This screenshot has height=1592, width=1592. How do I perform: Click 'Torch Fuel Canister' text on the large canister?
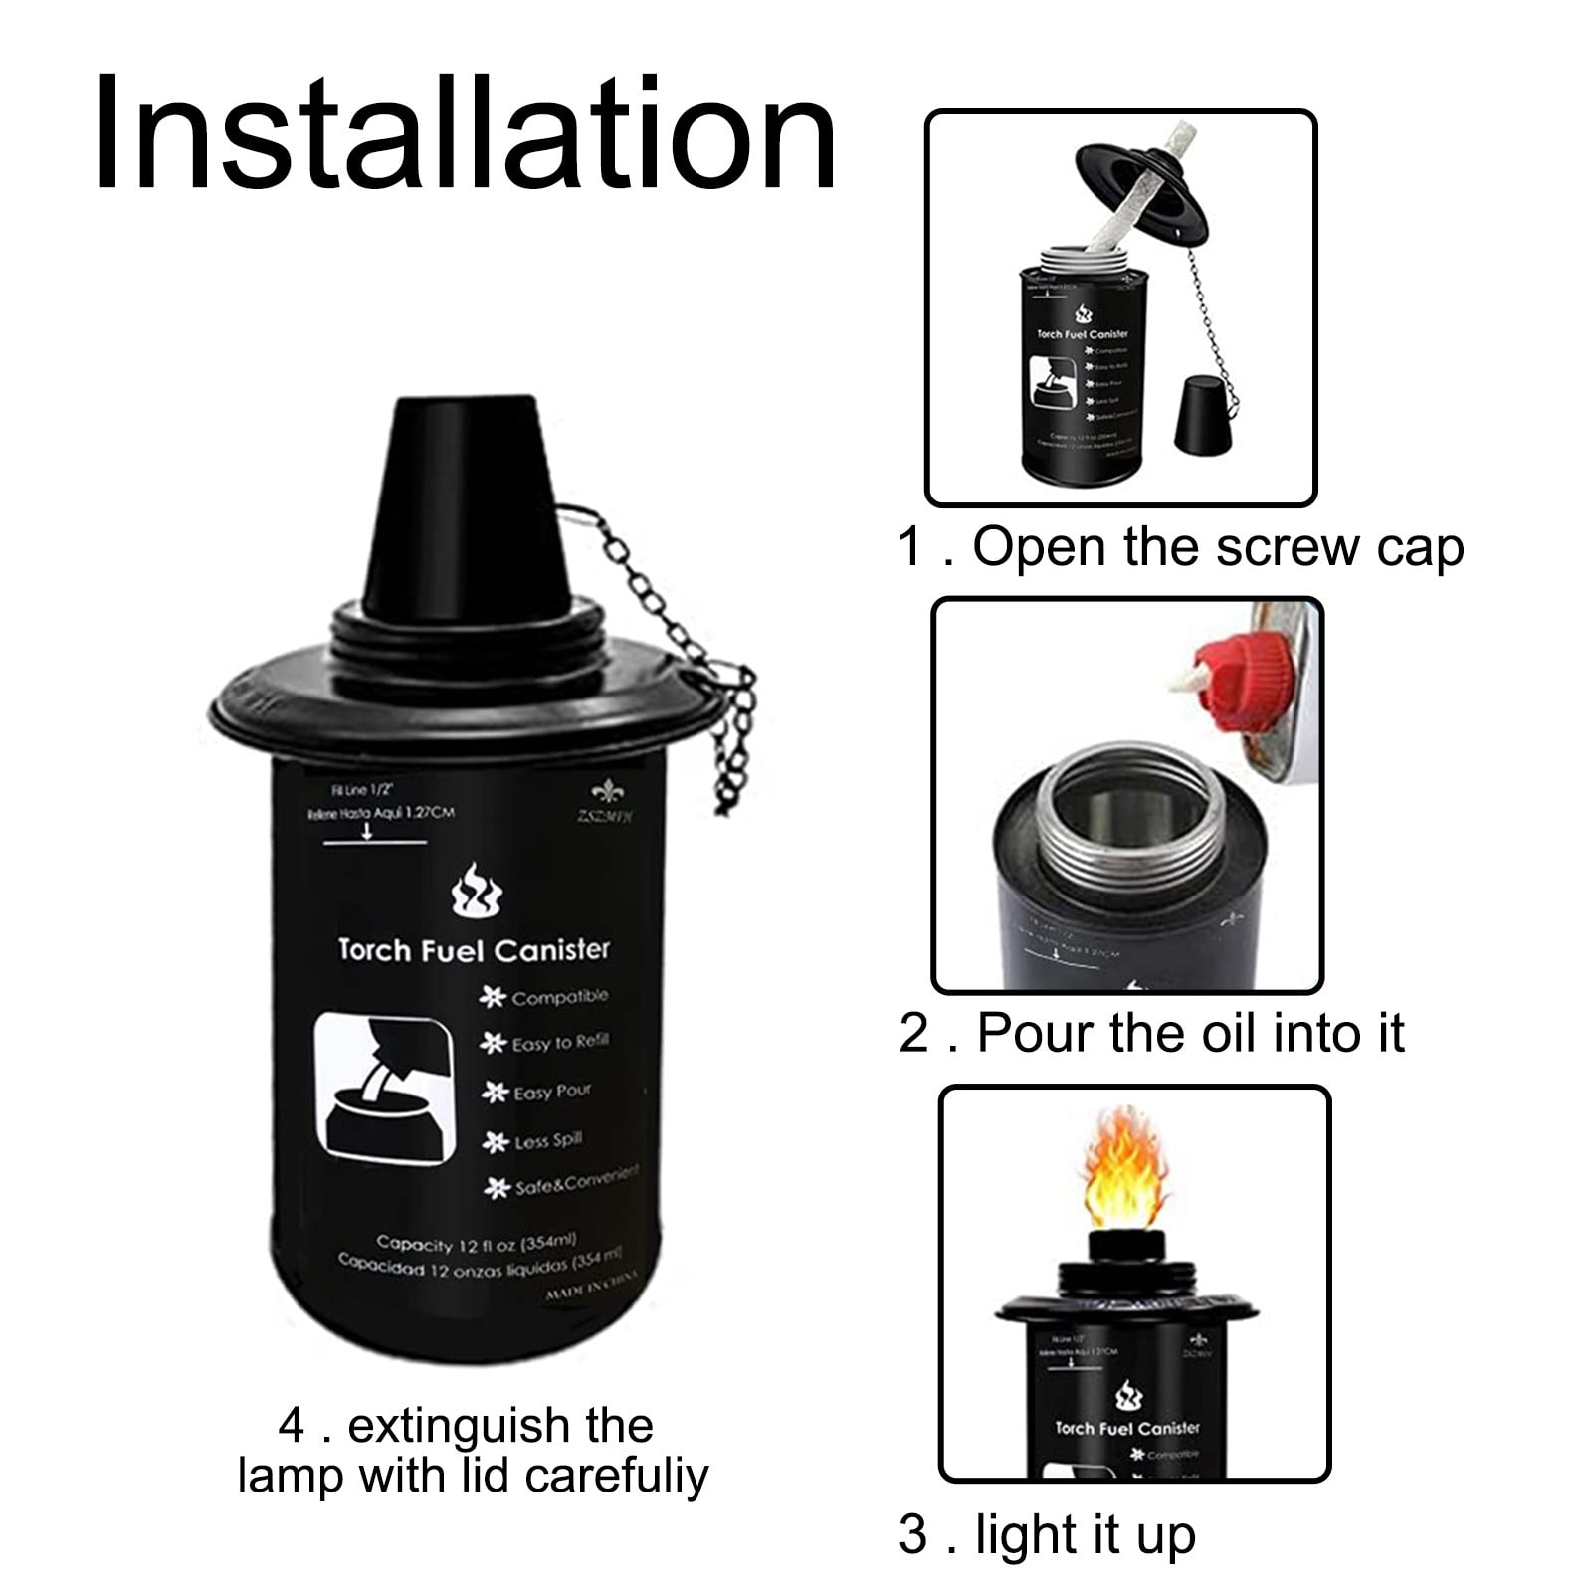click(x=473, y=949)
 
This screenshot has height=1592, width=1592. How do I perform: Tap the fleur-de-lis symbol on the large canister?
click(x=603, y=792)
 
